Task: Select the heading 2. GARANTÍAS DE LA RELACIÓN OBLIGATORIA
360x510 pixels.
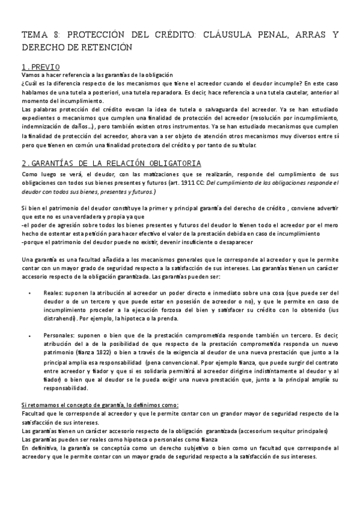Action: (x=111, y=163)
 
